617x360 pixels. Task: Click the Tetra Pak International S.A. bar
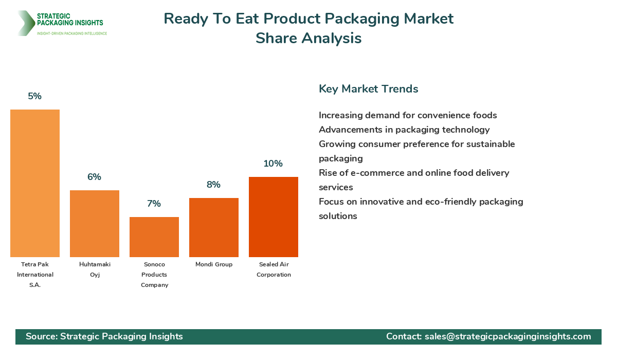35,183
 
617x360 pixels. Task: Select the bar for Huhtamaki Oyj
95,224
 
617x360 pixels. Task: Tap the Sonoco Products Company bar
154,237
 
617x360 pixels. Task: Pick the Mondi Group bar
214,227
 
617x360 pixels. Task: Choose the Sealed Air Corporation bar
274,217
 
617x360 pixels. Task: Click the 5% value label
35,96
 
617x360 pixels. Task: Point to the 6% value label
95,177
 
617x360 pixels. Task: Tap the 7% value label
154,204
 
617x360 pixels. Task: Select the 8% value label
214,185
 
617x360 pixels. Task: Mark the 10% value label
273,164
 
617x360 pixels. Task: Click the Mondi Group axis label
214,264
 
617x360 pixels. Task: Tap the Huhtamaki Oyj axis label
95,269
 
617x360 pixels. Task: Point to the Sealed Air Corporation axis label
274,269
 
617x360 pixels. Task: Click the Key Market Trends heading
368,89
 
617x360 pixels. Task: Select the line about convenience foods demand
408,115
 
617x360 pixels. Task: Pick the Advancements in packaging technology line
404,130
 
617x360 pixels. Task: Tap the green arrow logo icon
25,23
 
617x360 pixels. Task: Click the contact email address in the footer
507,336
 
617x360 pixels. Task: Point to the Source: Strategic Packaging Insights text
104,336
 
